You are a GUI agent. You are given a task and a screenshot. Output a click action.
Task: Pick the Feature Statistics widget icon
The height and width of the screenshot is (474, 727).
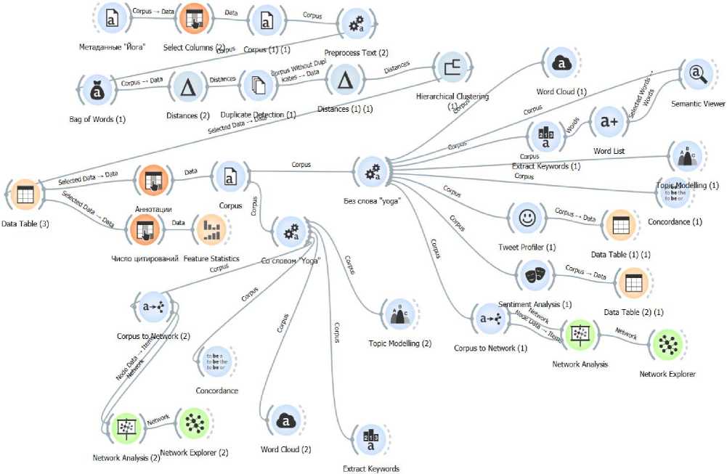[211, 231]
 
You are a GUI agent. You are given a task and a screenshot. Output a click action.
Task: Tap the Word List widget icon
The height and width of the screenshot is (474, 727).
[609, 123]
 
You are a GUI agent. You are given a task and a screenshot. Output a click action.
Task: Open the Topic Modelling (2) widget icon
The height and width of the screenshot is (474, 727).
[399, 314]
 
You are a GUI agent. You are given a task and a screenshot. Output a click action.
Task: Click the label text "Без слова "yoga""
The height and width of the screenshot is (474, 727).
[371, 200]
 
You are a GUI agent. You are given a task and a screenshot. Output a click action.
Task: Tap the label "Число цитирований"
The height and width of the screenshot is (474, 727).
[145, 258]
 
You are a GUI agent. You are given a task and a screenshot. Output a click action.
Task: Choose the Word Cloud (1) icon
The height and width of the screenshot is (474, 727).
[561, 65]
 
